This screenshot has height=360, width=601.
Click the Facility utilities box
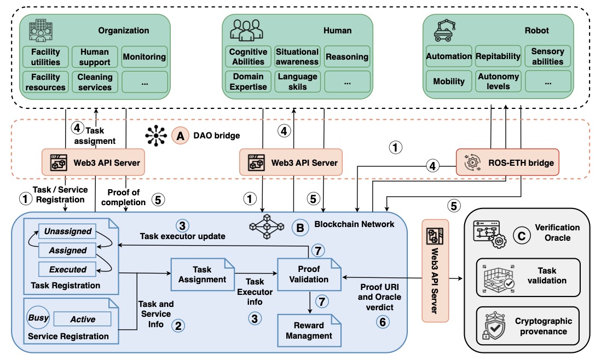click(x=45, y=57)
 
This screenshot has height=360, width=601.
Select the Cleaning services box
click(x=95, y=82)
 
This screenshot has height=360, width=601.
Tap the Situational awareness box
click(x=297, y=57)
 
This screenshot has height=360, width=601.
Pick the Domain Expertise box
click(x=248, y=82)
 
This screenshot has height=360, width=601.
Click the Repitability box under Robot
click(x=498, y=56)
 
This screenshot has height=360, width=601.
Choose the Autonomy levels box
click(x=498, y=81)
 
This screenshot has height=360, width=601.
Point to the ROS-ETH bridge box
click(x=507, y=162)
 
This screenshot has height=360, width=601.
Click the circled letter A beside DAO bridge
click(x=178, y=134)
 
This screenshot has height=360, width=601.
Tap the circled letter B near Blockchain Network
click(x=299, y=226)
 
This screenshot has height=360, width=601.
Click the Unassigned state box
click(x=67, y=231)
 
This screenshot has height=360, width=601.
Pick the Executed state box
click(x=67, y=269)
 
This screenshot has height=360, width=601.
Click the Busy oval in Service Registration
click(x=38, y=318)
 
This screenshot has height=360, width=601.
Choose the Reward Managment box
click(x=309, y=330)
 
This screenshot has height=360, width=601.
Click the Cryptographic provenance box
click(x=528, y=326)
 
